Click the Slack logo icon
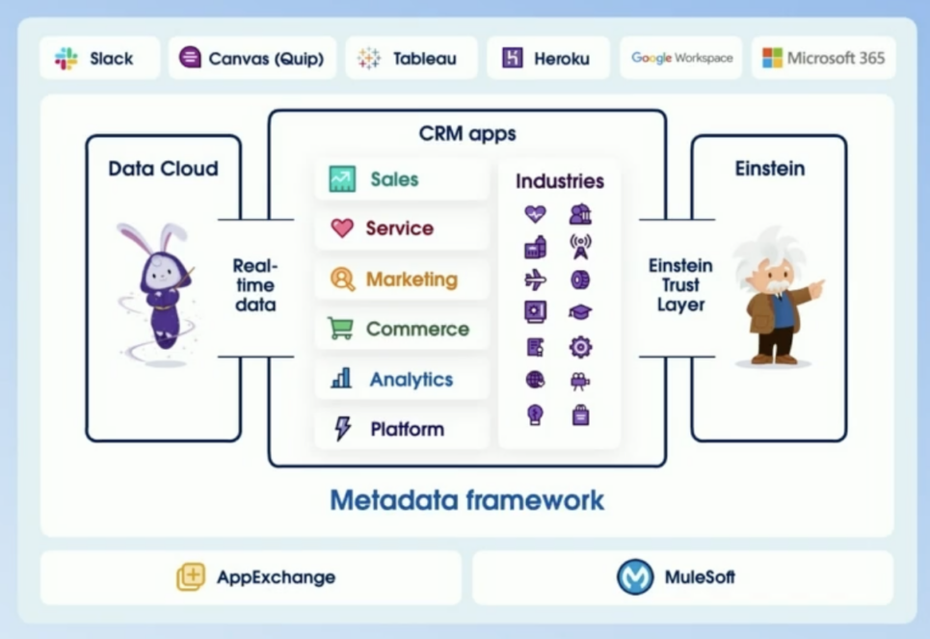point(66,59)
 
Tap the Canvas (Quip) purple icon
point(191,58)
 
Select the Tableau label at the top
point(424,59)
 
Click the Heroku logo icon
point(513,58)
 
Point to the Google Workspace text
point(681,58)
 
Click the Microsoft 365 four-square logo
point(772,58)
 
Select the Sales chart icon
point(341,179)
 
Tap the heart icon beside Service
point(341,228)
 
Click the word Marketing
point(412,280)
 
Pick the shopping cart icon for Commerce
point(340,329)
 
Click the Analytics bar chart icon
point(341,379)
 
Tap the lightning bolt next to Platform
point(342,429)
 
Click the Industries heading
point(559,181)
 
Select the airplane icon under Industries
point(536,280)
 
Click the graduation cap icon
point(579,312)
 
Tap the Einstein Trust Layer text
point(680,285)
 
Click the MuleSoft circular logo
point(635,577)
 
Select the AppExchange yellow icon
point(191,577)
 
